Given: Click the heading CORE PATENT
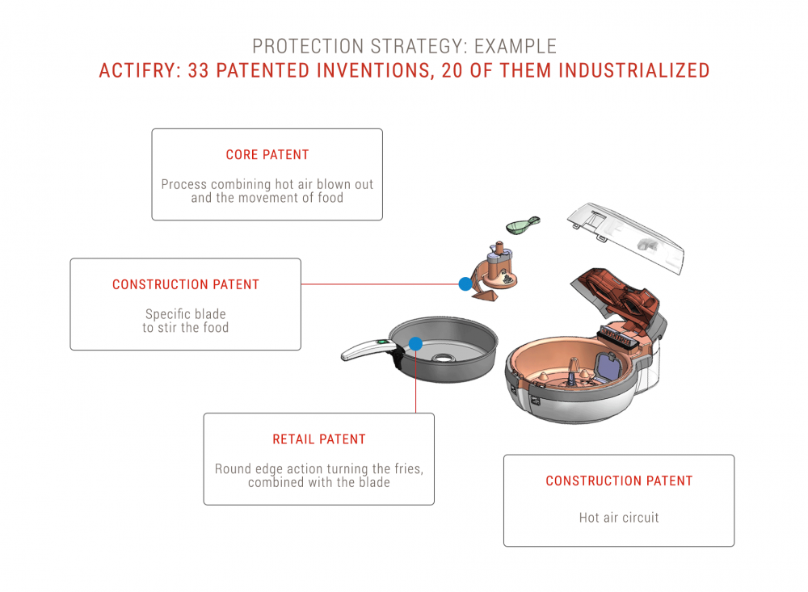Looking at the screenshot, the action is pos(267,154).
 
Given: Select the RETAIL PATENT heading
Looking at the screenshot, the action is pos(319,439).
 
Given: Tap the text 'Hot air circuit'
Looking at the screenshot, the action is pos(619,517).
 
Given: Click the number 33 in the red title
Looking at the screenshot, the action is pos(199,70).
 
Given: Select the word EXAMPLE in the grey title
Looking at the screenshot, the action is pos(516,46).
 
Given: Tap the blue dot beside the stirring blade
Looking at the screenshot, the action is pos(465,283).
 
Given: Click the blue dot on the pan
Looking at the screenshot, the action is pos(415,344).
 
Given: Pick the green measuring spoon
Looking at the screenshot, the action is pos(523,225).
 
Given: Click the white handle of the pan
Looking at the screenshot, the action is pos(367,350).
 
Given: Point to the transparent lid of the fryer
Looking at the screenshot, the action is pos(626,237).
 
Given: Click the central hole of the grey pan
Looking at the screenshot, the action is pos(443,357).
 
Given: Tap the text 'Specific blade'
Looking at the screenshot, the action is pos(186,314).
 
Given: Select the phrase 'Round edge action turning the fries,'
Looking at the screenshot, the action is pos(319,469).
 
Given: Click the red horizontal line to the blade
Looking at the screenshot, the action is pos(380,284).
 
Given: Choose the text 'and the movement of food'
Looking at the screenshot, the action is pos(267,198).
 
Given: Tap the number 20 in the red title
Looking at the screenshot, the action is pos(452,70).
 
